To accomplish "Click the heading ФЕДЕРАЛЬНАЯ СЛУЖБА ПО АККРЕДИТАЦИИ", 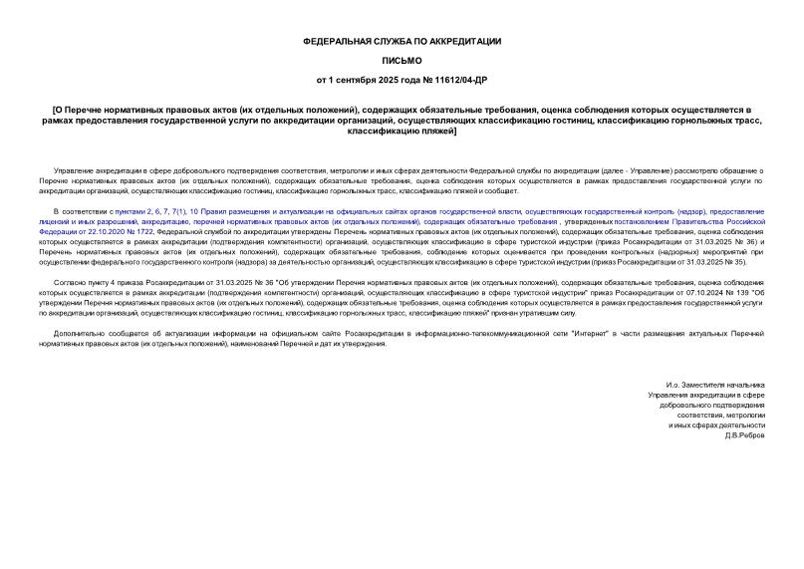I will click(x=402, y=41).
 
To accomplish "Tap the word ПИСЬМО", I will click(x=402, y=60).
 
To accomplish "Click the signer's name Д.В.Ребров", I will click(x=744, y=434).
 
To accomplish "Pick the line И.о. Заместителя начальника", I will click(x=715, y=385).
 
